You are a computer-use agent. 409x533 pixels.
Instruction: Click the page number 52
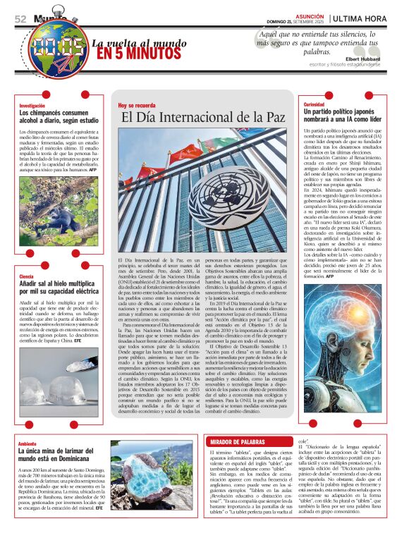pos(20,19)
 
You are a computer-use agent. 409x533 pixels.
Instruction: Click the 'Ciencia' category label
pos(26,276)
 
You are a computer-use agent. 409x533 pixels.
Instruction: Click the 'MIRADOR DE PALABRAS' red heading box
pos(238,441)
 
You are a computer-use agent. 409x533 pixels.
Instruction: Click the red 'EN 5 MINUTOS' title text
pos(131,54)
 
